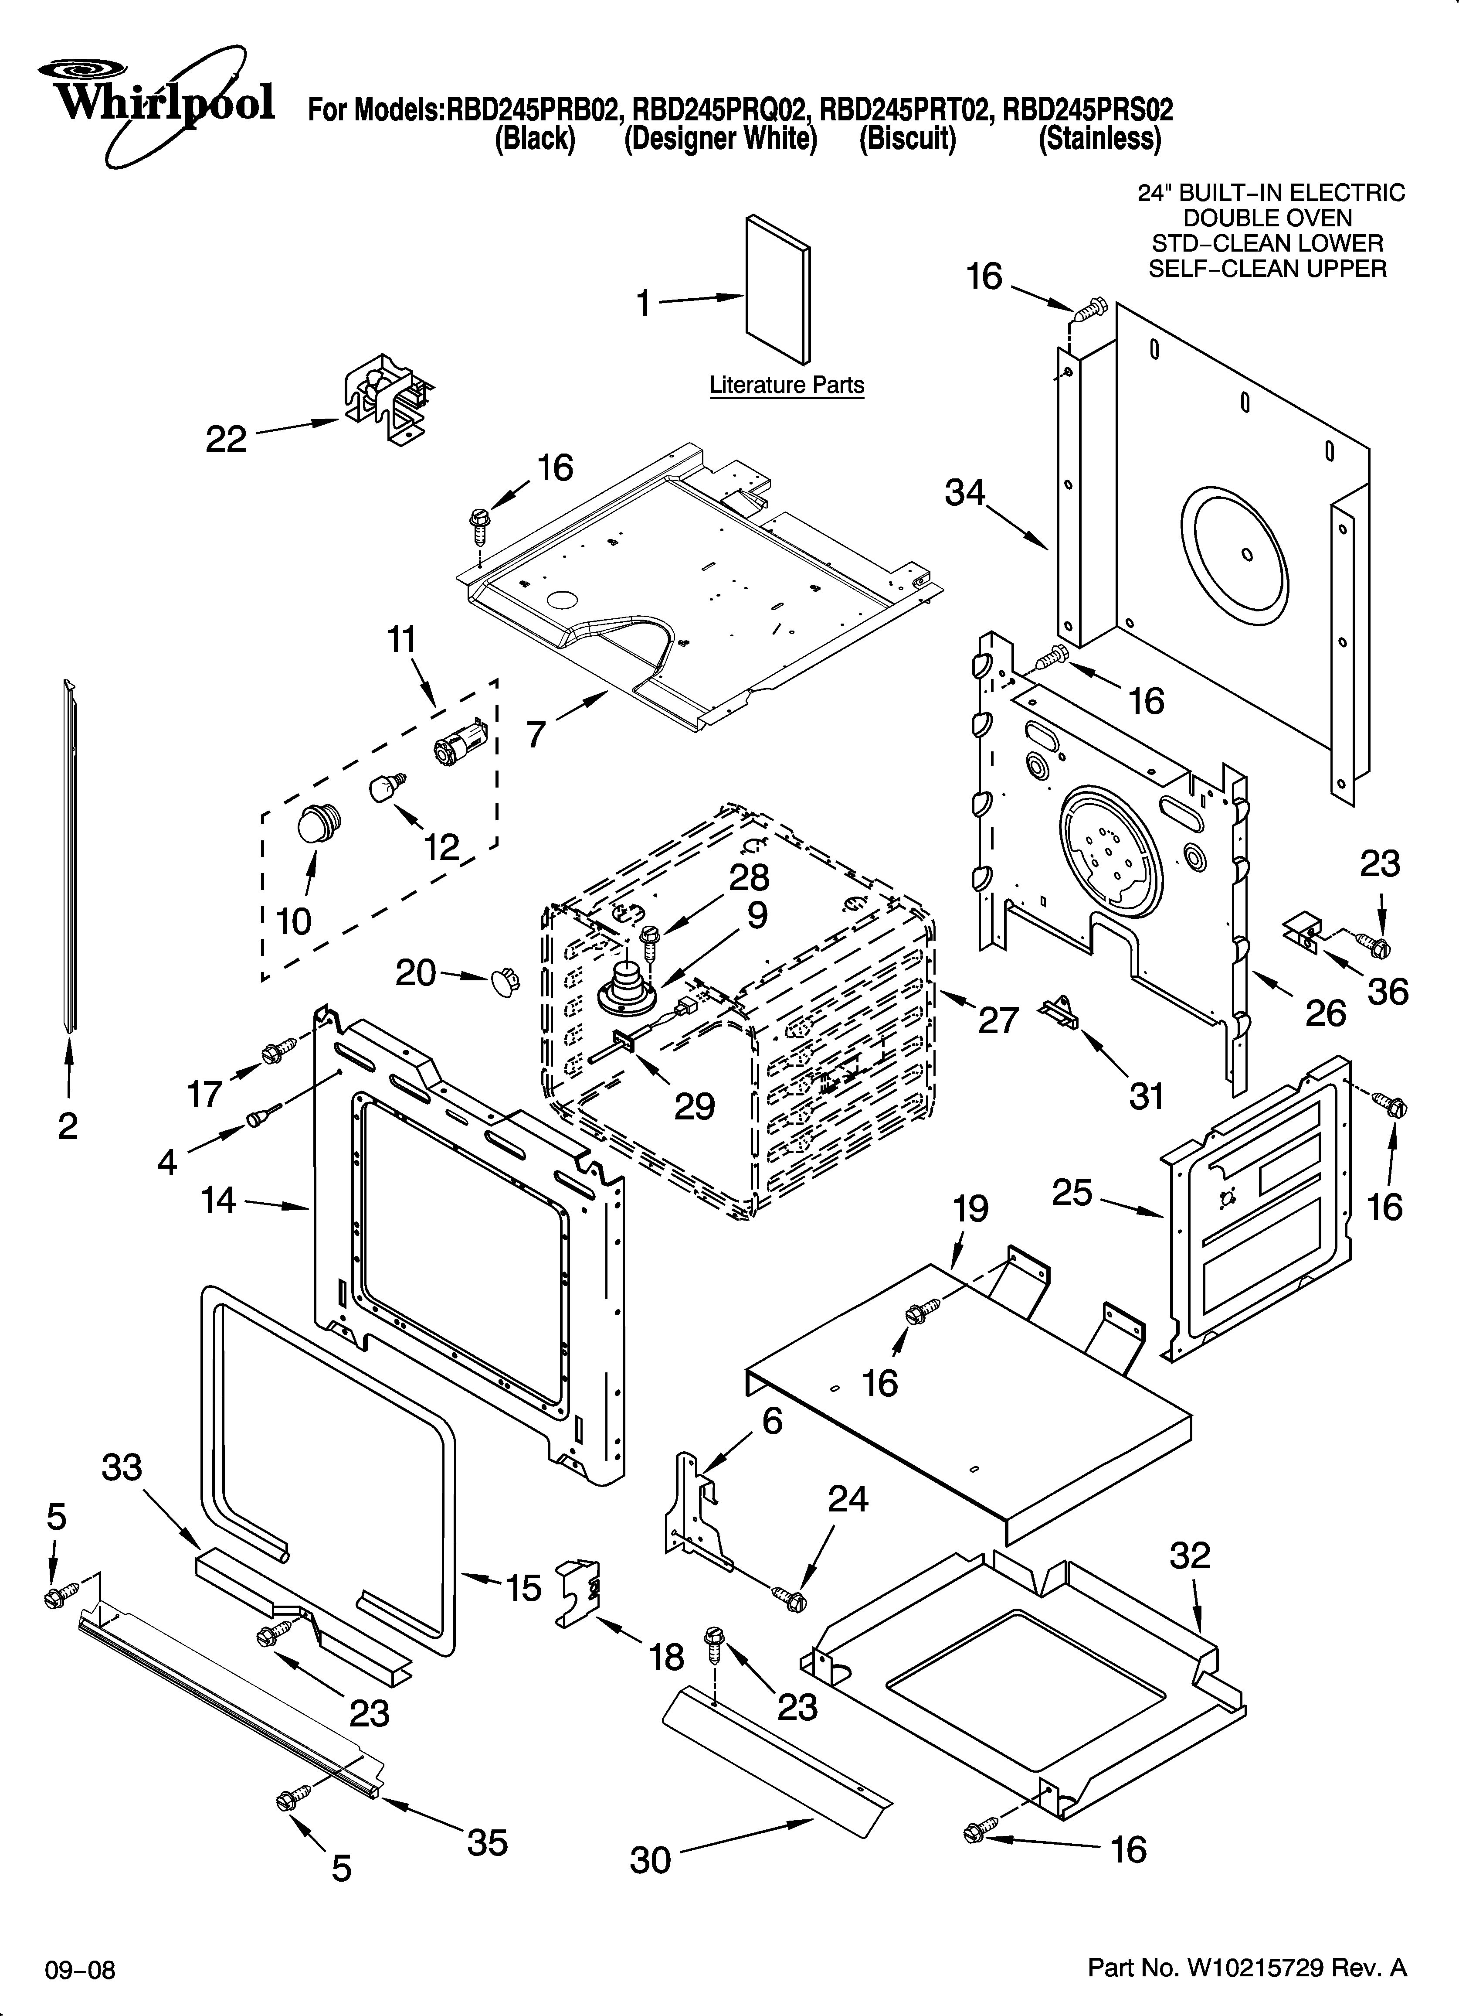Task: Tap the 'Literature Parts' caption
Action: click(x=786, y=385)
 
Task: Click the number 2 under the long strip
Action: click(x=68, y=1126)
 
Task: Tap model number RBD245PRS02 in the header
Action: click(x=1088, y=109)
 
